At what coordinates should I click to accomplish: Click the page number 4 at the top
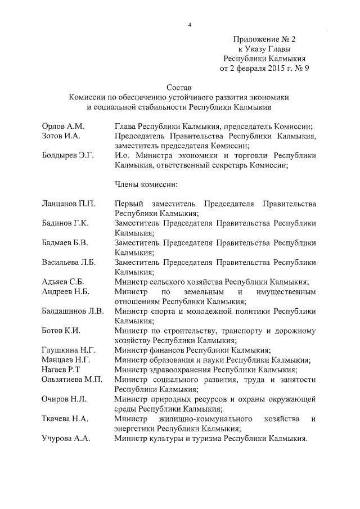190,25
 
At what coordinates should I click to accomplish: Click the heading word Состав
179,88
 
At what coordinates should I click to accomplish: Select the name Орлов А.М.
62,127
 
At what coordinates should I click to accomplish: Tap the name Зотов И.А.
62,136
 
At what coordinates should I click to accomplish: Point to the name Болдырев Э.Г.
67,156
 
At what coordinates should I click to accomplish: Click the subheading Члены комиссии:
146,184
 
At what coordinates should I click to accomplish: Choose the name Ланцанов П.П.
69,204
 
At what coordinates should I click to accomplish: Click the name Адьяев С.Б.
63,282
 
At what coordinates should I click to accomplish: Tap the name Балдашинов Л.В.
73,312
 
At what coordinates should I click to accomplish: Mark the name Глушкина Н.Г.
68,350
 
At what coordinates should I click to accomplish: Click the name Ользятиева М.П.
72,380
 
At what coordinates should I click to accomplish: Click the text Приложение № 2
264,39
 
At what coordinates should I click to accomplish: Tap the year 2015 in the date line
272,69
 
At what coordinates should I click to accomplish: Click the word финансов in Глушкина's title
164,350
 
